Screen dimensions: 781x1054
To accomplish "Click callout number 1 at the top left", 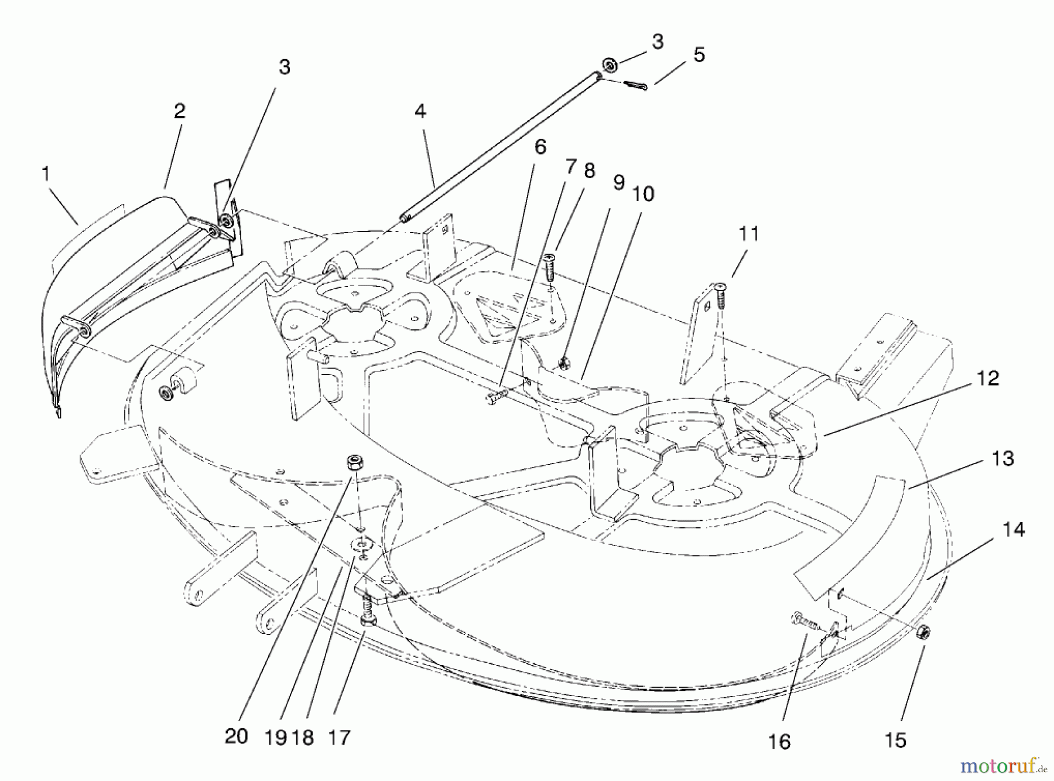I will coord(45,174).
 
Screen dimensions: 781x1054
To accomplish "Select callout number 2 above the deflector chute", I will coord(179,111).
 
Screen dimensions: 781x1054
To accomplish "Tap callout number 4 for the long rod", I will coord(420,111).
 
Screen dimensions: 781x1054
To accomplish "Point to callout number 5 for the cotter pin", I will coord(699,55).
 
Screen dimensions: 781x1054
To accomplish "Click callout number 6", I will coord(540,146).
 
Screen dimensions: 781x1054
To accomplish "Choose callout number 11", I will coord(748,234).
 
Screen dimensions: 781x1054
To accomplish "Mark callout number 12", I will coord(988,378).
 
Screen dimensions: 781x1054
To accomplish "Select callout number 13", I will coord(1002,458).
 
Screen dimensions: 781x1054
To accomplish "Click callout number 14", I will coord(1013,530).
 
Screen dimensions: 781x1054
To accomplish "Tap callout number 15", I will coord(895,740).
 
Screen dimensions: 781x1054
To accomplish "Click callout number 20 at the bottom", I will coord(236,736).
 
